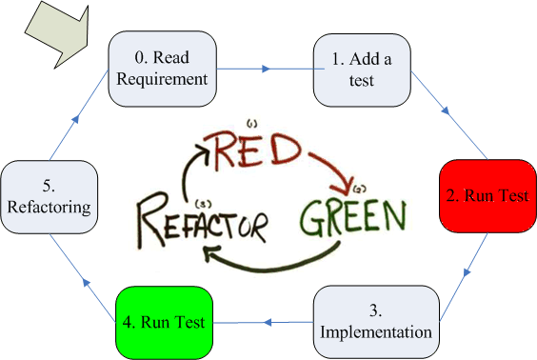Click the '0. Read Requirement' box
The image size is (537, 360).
[x=162, y=69]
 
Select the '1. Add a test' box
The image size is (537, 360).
[x=362, y=70]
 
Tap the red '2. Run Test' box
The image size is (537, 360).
[x=487, y=195]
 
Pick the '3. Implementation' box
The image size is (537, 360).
[x=376, y=322]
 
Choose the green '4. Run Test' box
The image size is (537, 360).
[x=164, y=323]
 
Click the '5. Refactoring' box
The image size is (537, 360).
[x=49, y=197]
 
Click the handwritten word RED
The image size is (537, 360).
[x=252, y=151]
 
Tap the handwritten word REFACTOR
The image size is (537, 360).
[x=202, y=223]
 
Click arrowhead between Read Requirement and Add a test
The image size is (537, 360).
[x=266, y=69]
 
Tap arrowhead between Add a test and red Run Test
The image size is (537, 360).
[x=446, y=110]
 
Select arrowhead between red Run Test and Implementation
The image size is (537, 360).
[x=467, y=272]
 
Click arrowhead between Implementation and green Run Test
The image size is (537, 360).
[x=268, y=322]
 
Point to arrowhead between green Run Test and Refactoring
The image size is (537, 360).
[x=87, y=282]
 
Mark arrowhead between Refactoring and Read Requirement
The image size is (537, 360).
[x=75, y=119]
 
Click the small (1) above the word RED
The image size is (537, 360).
[x=251, y=124]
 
